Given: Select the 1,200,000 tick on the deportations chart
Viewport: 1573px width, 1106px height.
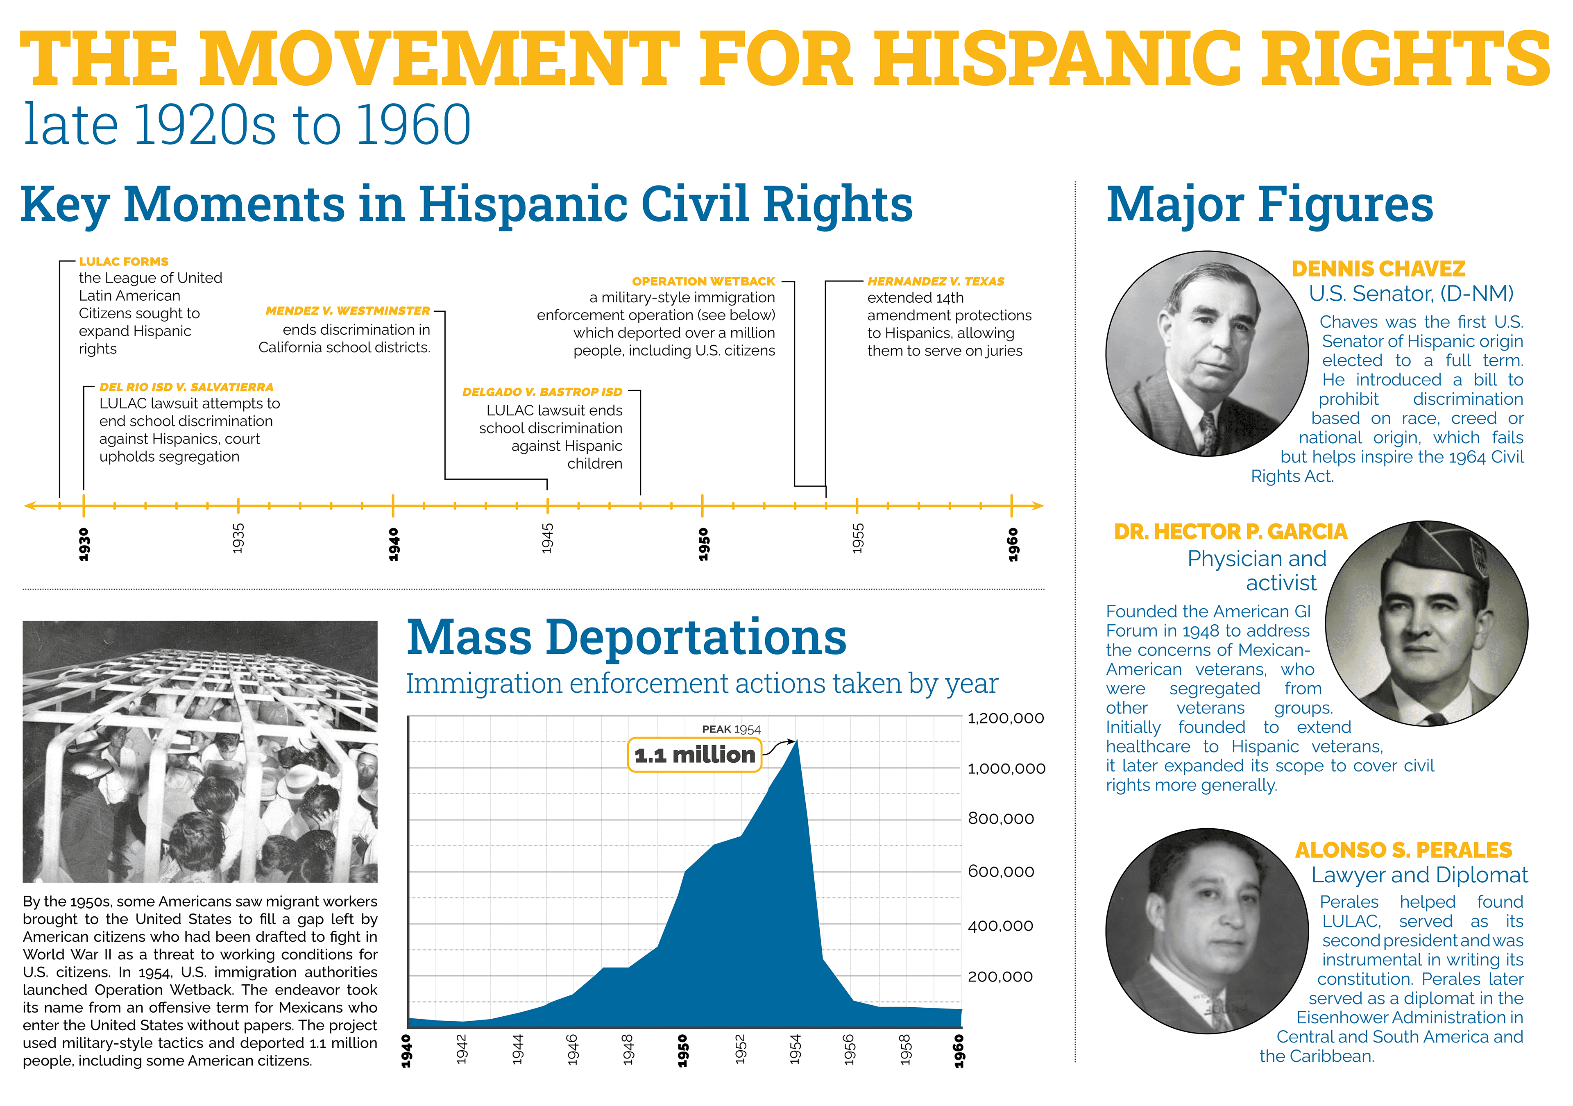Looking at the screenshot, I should (1005, 718).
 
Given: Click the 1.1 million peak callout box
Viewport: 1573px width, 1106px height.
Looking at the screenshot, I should (694, 755).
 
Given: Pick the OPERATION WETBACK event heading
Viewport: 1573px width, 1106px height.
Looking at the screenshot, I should (704, 282).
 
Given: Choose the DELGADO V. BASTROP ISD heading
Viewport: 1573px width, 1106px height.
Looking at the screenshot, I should (542, 392).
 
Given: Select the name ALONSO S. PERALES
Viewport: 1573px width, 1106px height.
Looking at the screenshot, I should (1403, 850).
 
